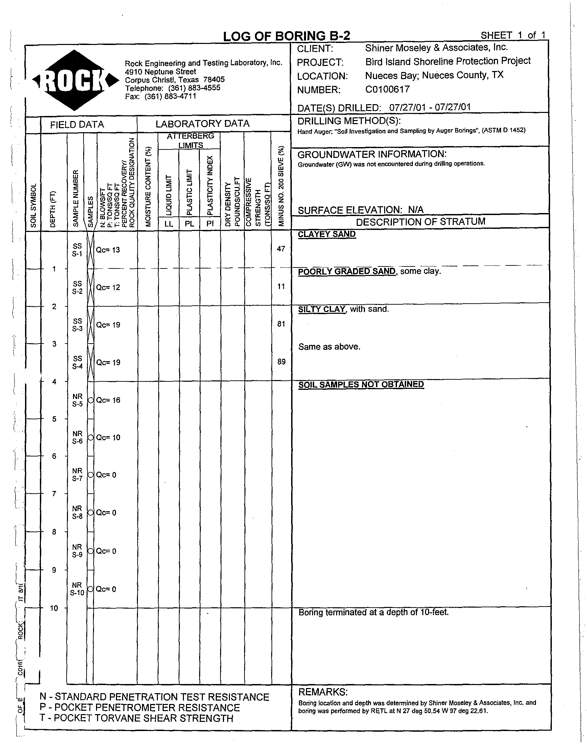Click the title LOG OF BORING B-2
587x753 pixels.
(x=286, y=36)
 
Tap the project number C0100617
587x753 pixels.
(x=387, y=89)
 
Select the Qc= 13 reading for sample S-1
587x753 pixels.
(x=108, y=250)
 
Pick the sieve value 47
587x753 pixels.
(x=281, y=249)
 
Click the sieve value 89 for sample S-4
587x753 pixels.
(x=281, y=361)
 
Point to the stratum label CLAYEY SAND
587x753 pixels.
(x=327, y=234)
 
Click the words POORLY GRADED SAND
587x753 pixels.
(x=347, y=271)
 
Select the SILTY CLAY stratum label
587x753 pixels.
(x=322, y=309)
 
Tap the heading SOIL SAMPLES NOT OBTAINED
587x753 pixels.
(x=361, y=384)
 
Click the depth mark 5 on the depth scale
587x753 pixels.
(x=54, y=419)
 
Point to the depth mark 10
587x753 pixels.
(x=54, y=608)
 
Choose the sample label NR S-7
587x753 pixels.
(x=77, y=474)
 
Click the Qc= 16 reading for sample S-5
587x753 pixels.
(x=108, y=400)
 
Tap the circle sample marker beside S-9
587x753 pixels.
(x=90, y=551)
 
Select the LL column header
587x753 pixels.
(x=169, y=223)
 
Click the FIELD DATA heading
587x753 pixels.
(x=77, y=124)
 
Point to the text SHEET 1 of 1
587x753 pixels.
(x=513, y=35)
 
